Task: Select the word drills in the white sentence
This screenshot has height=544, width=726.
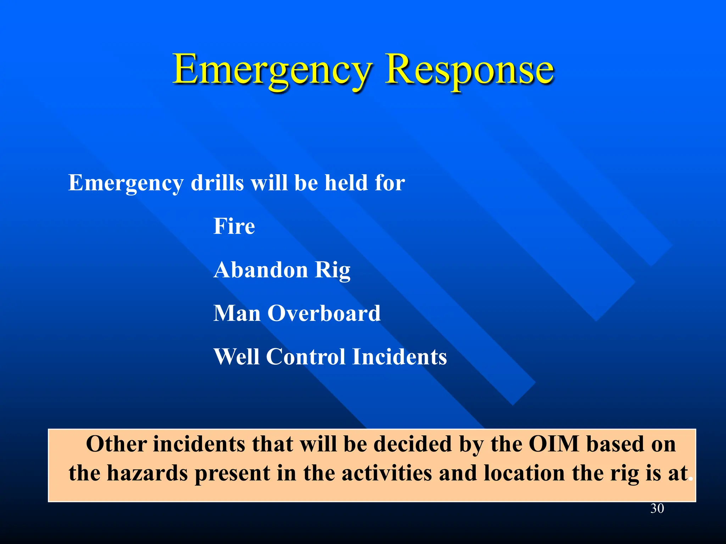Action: tap(217, 183)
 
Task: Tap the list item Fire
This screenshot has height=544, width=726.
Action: tap(234, 226)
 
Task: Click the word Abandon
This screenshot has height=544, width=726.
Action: tap(261, 270)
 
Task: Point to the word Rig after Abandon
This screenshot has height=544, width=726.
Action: tap(332, 271)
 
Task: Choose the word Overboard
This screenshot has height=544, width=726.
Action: tap(324, 313)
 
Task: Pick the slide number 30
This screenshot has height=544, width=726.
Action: tap(657, 509)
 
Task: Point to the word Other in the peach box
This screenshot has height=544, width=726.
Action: tap(116, 444)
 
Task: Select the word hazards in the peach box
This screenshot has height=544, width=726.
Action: tap(147, 473)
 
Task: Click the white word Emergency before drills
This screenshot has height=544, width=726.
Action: tap(126, 183)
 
